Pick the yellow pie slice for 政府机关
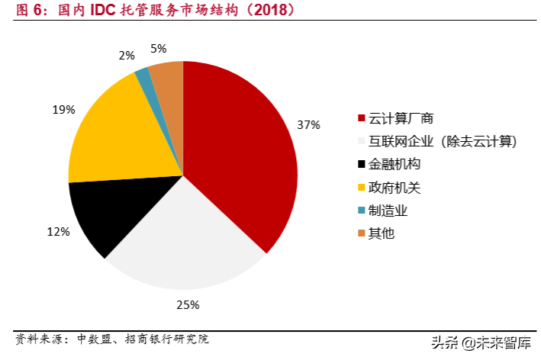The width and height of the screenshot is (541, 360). point(114,133)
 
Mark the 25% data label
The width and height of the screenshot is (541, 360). point(188,305)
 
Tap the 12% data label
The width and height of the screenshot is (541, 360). point(59,231)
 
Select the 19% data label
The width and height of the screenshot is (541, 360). point(63,109)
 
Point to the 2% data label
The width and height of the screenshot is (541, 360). point(127,56)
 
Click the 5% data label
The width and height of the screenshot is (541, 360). point(159,49)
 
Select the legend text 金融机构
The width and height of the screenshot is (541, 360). point(394,164)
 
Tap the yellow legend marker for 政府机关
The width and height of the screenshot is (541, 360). point(361,187)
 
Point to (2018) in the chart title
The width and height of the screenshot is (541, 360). point(269,11)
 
